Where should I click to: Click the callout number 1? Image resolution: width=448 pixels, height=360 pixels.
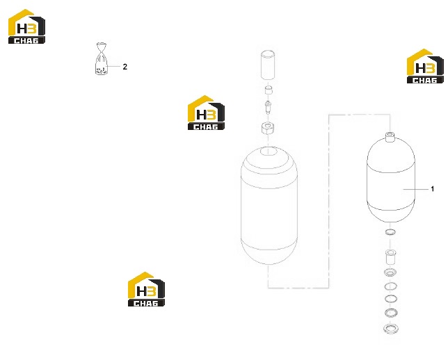[x=432, y=189]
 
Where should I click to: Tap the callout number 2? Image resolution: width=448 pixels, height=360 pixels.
[x=125, y=67]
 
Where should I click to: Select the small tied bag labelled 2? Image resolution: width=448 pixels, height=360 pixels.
[x=102, y=59]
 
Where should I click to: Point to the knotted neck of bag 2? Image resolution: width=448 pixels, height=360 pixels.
[x=102, y=53]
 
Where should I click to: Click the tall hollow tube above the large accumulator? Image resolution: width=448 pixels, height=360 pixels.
[x=268, y=65]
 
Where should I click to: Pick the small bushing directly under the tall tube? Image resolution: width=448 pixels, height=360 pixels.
[x=268, y=90]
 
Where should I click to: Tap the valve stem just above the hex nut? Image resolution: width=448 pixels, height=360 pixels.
[x=268, y=107]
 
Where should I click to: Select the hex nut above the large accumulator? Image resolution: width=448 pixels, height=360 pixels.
[x=268, y=128]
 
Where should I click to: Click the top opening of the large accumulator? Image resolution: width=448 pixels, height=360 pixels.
[x=269, y=151]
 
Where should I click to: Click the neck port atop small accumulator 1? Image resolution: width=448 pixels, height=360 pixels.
[x=390, y=136]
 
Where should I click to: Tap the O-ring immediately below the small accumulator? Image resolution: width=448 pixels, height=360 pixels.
[x=390, y=232]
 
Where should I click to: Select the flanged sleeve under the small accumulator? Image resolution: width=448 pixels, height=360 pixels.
[x=390, y=257]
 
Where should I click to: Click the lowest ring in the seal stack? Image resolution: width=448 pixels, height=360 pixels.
[x=390, y=328]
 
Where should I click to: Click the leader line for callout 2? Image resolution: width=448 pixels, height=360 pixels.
[x=113, y=66]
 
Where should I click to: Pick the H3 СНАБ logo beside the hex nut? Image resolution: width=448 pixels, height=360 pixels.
[x=206, y=113]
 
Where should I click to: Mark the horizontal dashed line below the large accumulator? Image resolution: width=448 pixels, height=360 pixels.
[x=298, y=288]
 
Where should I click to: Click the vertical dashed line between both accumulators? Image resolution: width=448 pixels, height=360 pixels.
[x=329, y=202]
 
